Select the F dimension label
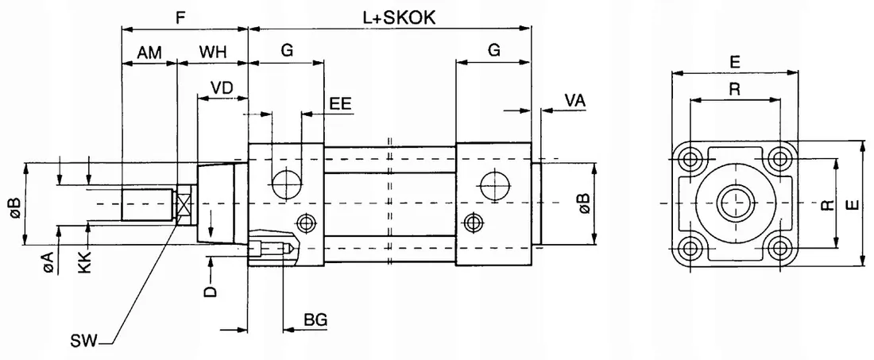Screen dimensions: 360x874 click(182, 17)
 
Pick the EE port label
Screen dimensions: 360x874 click(341, 103)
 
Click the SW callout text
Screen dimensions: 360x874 click(83, 342)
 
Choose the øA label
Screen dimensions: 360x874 click(49, 262)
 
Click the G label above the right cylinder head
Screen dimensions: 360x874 click(493, 50)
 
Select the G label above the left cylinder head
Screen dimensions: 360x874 click(287, 50)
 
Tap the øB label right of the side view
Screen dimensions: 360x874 click(583, 203)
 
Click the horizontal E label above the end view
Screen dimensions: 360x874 click(735, 60)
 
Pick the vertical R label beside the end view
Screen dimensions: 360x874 click(826, 205)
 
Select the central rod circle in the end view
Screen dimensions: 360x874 click(735, 203)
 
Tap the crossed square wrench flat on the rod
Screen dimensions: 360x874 click(184, 204)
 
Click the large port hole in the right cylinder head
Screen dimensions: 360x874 click(493, 185)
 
